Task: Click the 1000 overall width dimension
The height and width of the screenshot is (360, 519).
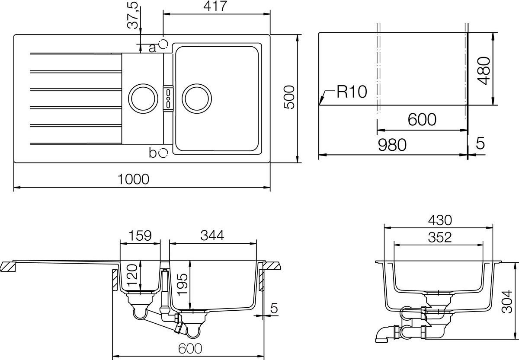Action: tap(133, 179)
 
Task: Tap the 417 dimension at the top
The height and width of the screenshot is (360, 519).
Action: tap(215, 6)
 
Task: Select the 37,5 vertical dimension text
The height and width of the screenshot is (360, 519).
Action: tap(134, 15)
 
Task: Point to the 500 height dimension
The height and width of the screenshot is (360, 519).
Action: tap(289, 97)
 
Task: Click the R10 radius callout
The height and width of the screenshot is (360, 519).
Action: tap(352, 92)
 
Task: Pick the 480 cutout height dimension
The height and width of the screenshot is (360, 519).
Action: tap(484, 70)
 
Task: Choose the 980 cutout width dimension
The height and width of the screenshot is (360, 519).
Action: tap(392, 145)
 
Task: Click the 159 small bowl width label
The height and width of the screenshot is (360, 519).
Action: tap(140, 236)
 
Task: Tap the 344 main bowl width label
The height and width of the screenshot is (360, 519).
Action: tap(212, 236)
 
